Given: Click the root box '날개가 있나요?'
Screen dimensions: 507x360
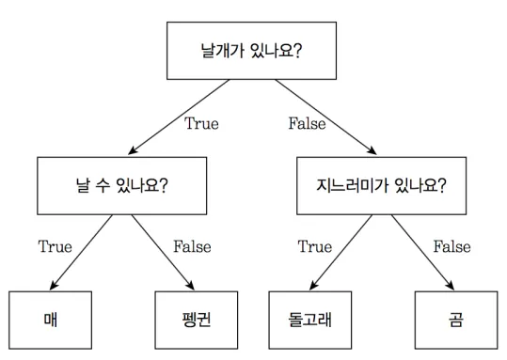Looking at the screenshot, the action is [251, 51].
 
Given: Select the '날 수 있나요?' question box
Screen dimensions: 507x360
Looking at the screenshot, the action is [122, 186].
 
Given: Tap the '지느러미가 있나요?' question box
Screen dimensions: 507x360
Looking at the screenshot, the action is [382, 186].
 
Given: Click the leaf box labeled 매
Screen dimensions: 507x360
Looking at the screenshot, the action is [51, 321].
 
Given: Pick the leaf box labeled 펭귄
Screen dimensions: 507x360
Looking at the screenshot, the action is [197, 321].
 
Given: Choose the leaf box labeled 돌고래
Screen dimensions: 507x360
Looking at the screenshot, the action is [310, 321].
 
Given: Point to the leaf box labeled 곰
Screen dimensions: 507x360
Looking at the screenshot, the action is [456, 321].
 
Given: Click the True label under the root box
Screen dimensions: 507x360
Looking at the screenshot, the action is [201, 123].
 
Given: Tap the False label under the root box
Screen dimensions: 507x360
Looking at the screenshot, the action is [308, 123].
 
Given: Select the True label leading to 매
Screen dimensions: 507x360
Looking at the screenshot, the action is [55, 246].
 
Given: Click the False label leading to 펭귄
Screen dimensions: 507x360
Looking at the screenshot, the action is [193, 246].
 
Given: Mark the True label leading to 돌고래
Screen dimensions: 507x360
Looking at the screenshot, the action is [315, 246].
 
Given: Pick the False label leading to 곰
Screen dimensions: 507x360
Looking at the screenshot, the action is [452, 246].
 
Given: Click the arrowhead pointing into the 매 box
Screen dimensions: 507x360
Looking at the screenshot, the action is [54, 285].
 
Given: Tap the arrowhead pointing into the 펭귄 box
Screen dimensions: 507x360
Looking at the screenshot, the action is [190, 285].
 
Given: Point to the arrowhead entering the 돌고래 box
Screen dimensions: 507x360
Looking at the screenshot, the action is [313, 285].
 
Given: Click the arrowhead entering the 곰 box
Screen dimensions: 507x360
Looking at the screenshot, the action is [450, 285].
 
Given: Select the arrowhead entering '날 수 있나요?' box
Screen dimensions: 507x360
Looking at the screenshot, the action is [133, 150].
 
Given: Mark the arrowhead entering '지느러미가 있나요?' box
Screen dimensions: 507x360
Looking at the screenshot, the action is [372, 150].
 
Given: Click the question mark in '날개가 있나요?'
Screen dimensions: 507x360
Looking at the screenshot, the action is [297, 51].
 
